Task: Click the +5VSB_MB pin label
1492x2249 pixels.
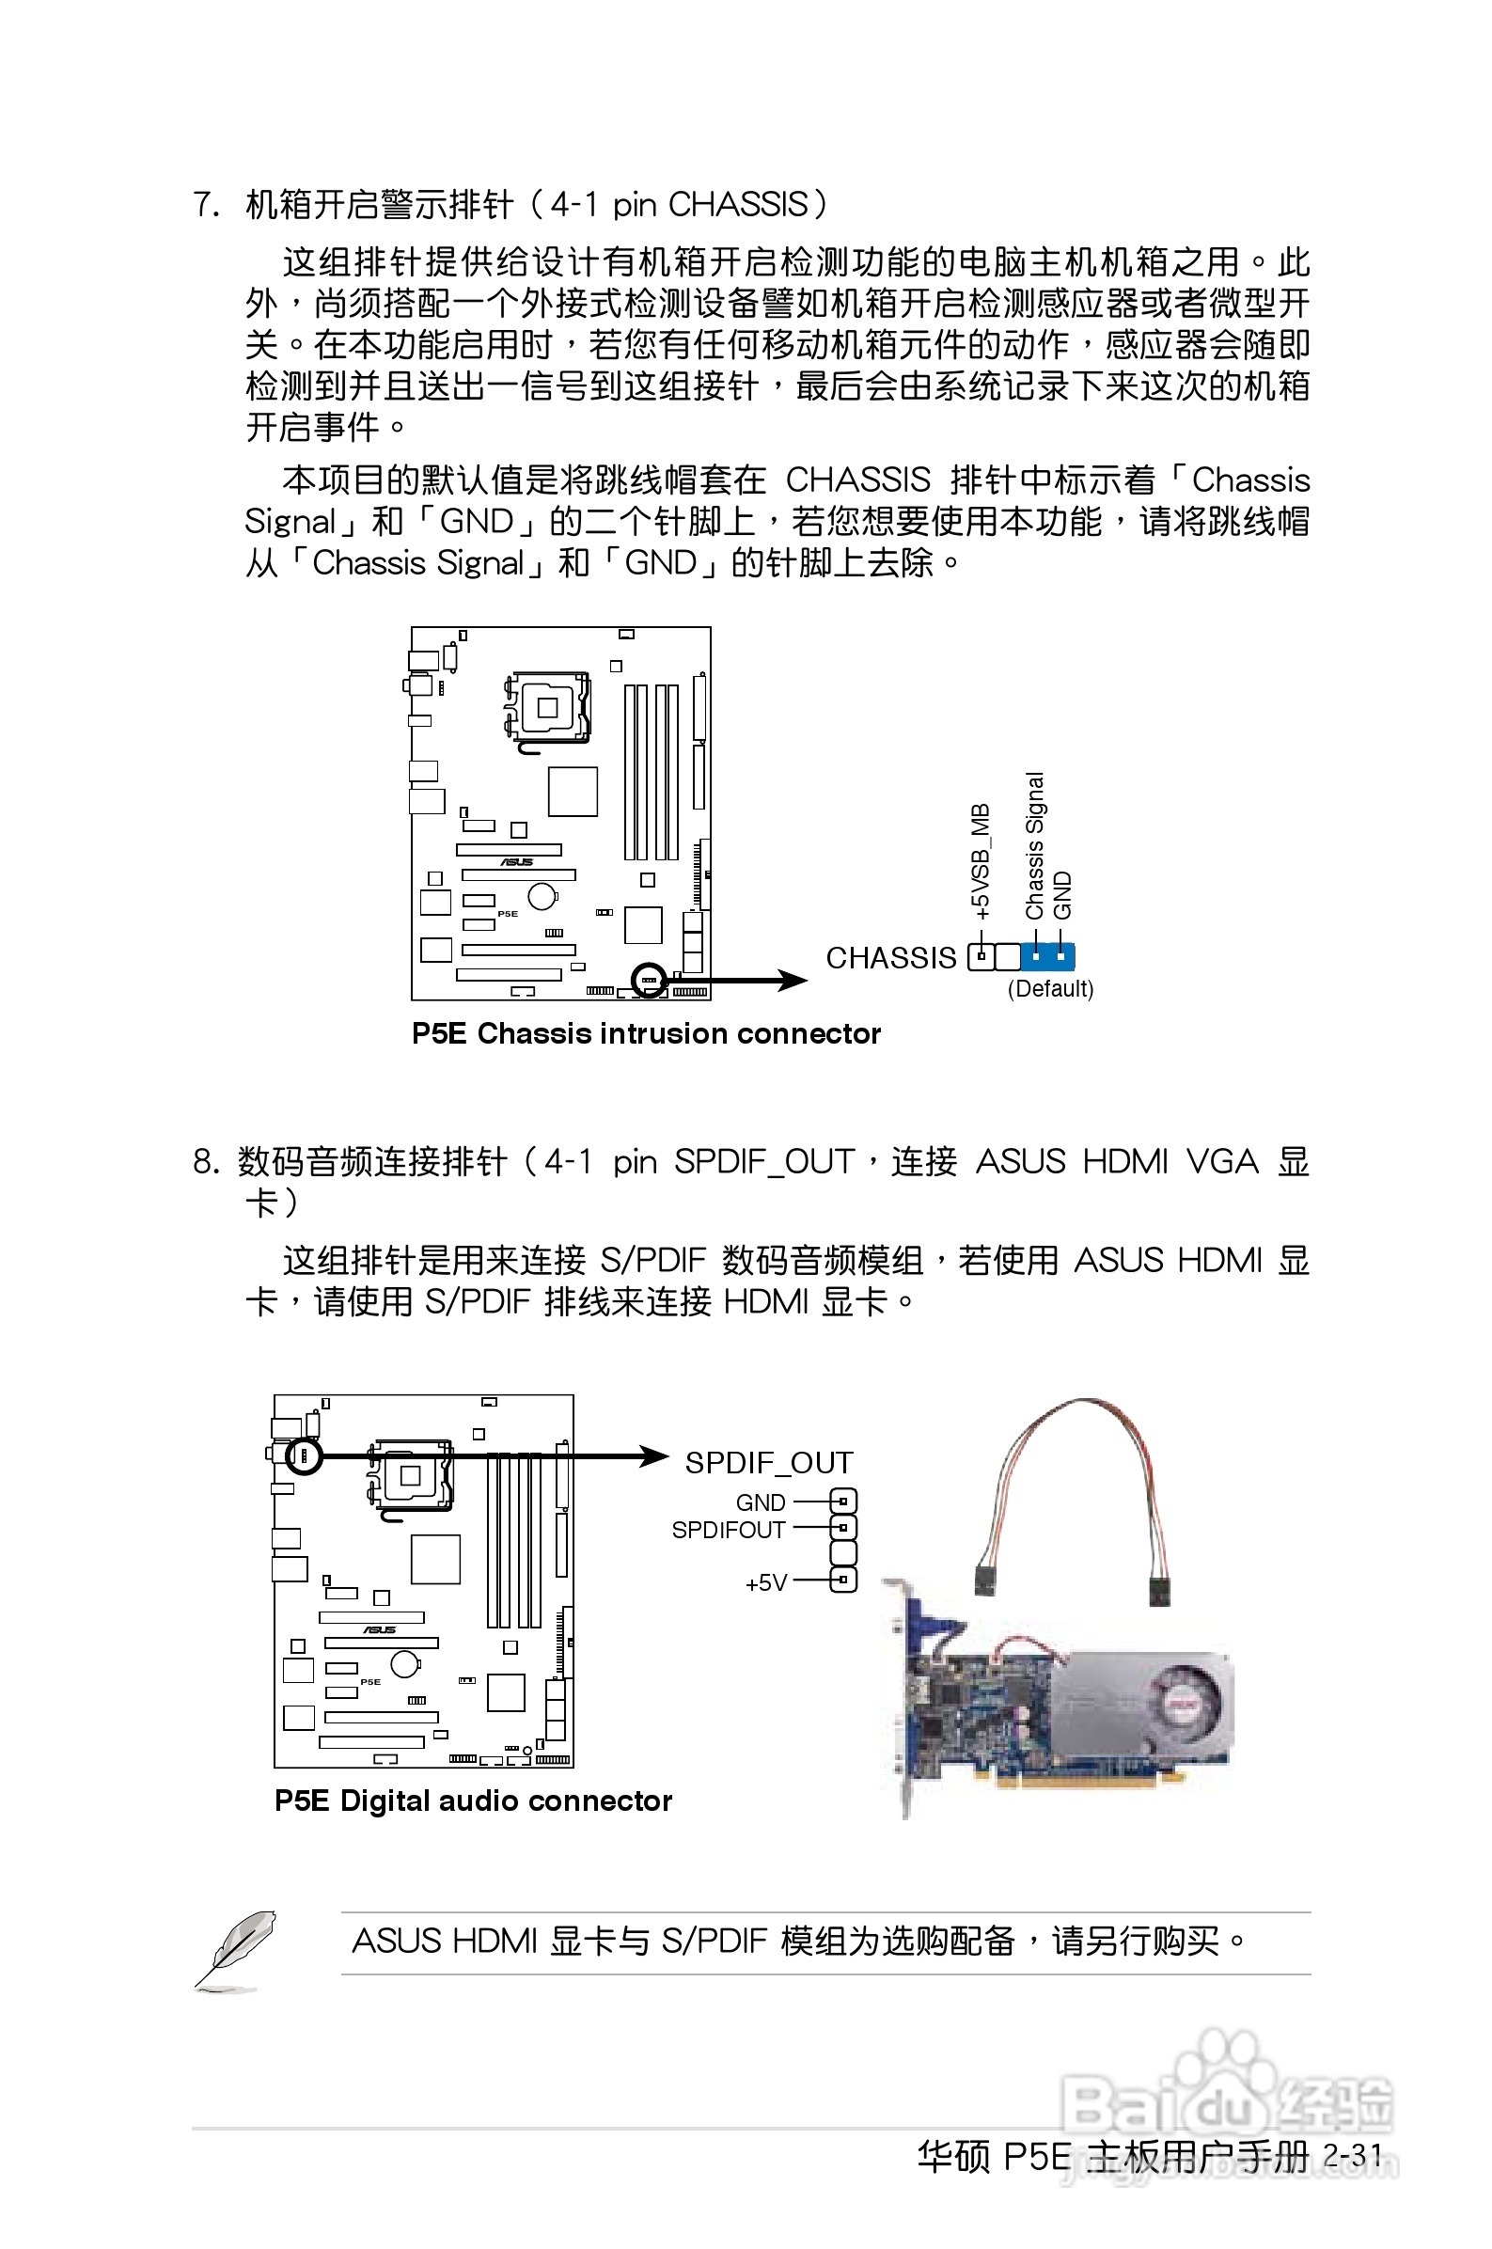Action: point(980,861)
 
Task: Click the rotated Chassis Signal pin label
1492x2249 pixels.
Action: point(1034,846)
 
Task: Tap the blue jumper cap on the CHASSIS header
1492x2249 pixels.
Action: point(1047,956)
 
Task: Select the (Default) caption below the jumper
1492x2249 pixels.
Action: point(1050,988)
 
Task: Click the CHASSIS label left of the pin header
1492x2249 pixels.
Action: point(890,957)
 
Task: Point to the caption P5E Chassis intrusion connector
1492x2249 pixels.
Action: point(646,1033)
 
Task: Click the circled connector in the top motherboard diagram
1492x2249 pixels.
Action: point(649,980)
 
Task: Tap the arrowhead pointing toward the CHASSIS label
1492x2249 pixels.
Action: point(791,980)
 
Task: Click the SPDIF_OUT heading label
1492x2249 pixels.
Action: point(769,1462)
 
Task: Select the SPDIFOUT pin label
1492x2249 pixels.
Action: point(728,1530)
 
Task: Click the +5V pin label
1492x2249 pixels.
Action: point(766,1583)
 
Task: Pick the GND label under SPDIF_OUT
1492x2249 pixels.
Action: point(761,1502)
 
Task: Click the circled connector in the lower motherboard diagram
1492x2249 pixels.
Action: point(305,1455)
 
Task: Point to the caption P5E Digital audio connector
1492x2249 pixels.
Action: point(473,1801)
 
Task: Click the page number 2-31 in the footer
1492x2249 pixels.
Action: point(1352,2156)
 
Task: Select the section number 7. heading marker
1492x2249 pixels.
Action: point(206,205)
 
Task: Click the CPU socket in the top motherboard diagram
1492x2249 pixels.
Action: point(547,708)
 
